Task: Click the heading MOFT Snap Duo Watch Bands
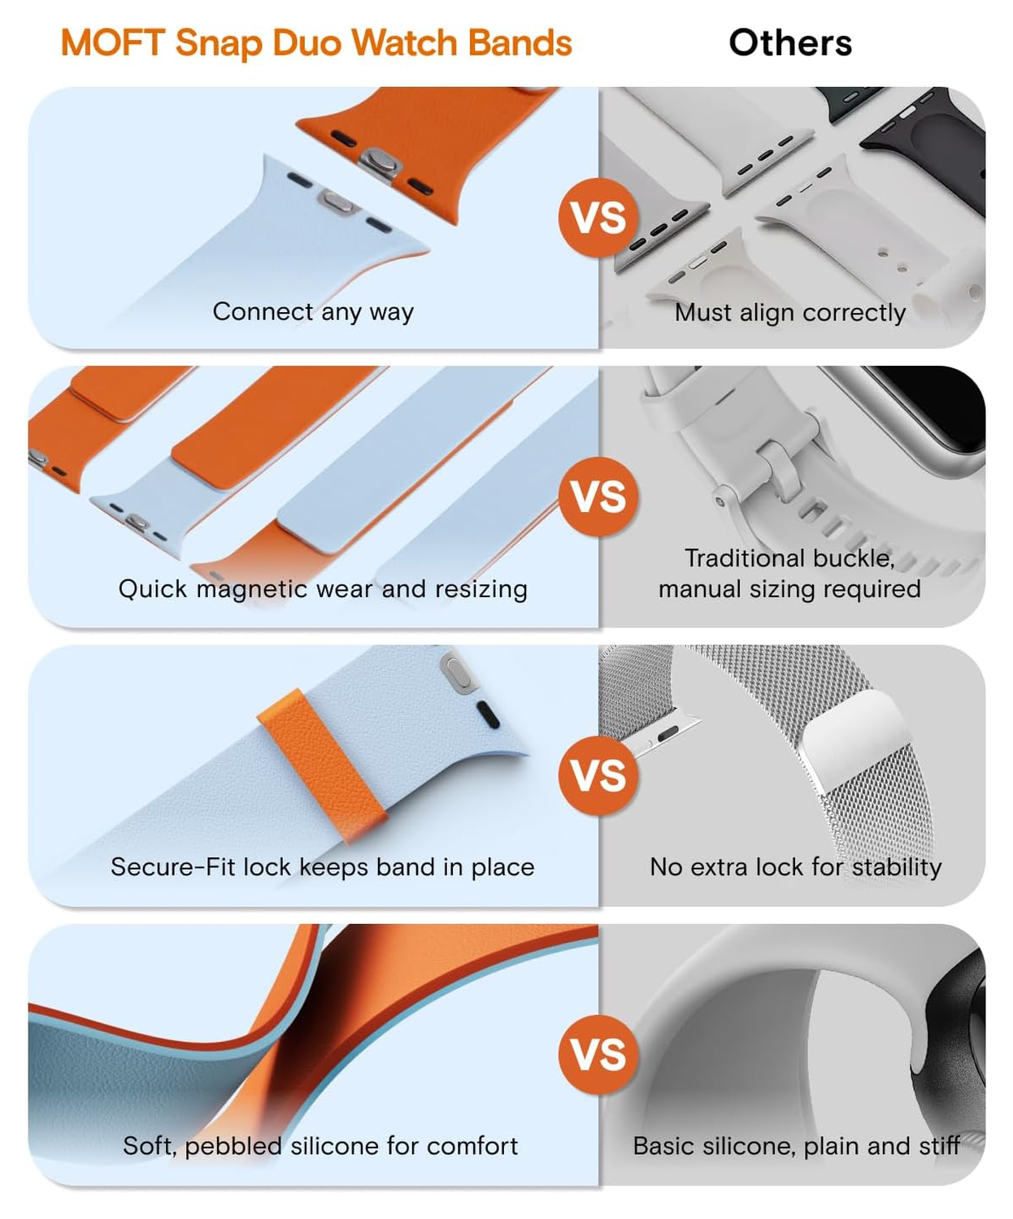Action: coord(316,44)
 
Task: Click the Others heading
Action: coord(790,42)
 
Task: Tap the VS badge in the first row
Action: coord(598,218)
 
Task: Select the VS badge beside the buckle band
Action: coord(598,497)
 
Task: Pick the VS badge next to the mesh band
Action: coord(598,775)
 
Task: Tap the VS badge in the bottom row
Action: coord(598,1054)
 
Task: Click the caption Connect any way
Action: coord(313,312)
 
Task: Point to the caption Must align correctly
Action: coord(790,313)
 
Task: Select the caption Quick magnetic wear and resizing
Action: coord(323,589)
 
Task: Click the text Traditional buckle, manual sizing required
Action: coord(790,573)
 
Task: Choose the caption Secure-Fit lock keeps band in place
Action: coord(323,868)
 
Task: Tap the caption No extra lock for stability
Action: coord(796,868)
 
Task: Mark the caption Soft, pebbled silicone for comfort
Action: coord(320,1146)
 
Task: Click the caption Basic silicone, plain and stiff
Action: coord(796,1146)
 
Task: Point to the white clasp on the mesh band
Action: coord(854,740)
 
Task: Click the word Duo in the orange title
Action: coord(307,44)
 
